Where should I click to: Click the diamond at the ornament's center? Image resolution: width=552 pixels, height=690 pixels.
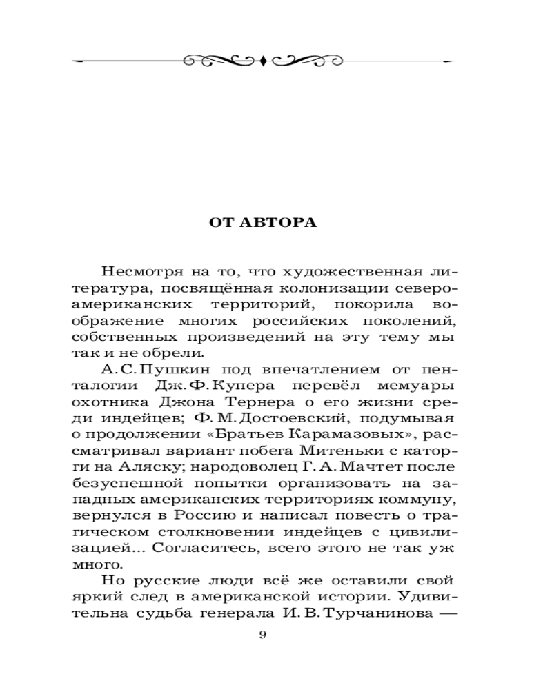click(x=262, y=61)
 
